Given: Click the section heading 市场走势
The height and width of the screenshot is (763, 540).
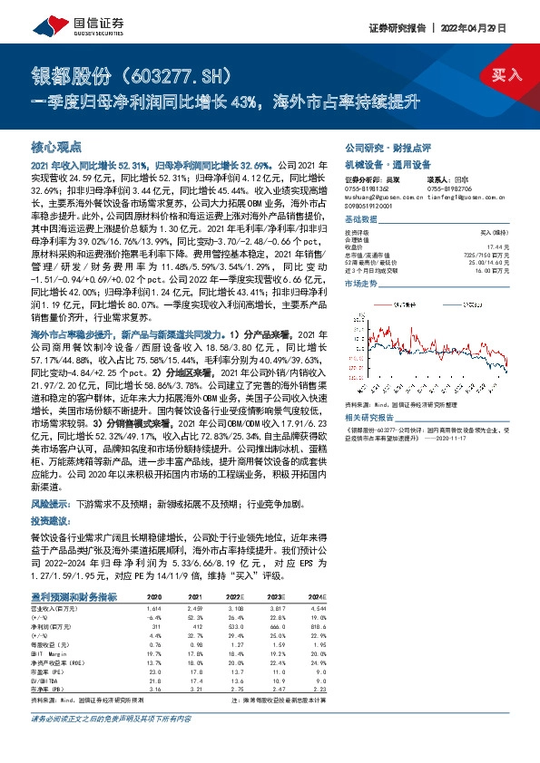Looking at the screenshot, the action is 360,284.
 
